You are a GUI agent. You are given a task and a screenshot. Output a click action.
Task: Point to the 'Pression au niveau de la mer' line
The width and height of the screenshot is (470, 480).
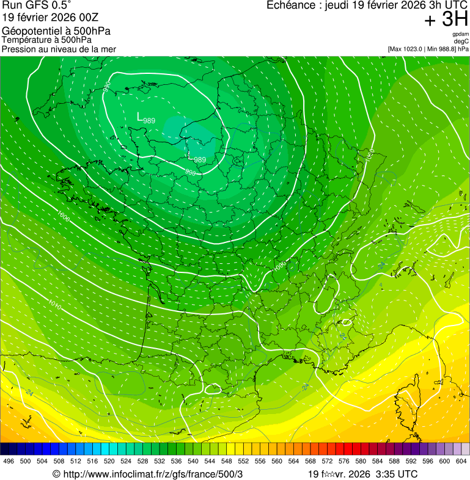[x=59, y=49]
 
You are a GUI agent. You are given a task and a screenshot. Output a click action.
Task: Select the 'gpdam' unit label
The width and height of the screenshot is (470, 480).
[x=460, y=34]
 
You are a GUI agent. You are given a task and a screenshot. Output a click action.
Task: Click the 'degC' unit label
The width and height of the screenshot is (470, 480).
[x=461, y=41]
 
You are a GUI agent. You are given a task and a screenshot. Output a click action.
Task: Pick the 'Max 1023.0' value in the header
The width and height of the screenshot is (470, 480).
[x=405, y=49]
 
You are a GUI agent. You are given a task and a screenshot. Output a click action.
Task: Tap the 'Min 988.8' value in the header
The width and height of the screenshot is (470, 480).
[x=440, y=49]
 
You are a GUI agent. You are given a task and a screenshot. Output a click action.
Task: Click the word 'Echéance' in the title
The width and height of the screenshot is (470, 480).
[x=290, y=5]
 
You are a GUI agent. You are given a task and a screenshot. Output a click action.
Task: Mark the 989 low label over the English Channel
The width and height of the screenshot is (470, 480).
[x=148, y=120]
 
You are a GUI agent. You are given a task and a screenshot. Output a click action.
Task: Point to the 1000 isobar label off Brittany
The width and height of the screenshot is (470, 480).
[x=63, y=216]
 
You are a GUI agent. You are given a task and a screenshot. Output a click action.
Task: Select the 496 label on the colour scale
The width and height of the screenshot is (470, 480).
[x=9, y=461]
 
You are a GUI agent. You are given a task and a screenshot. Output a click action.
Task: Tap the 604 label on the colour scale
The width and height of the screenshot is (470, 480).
[x=461, y=461]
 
